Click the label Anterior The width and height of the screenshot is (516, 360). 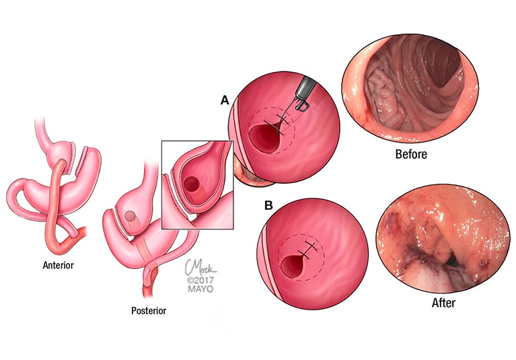click(x=59, y=265)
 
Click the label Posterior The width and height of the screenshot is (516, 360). click(x=149, y=311)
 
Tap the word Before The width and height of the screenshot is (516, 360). click(x=411, y=154)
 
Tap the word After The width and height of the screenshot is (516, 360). click(x=443, y=303)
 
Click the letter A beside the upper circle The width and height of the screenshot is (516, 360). click(x=225, y=100)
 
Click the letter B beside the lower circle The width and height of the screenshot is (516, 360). click(x=268, y=205)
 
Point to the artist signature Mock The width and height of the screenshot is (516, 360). click(x=200, y=267)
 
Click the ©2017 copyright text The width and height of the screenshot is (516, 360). click(x=200, y=281)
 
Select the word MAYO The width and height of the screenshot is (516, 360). click(x=200, y=289)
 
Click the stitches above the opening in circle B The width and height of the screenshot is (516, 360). click(x=309, y=250)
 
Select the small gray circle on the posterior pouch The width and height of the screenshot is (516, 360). click(x=130, y=216)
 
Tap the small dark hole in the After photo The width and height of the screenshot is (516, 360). click(x=453, y=260)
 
